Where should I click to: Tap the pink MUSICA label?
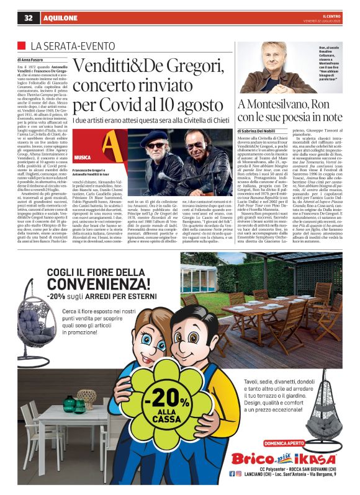(83, 158)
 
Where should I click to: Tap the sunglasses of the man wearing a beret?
(156, 145)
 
